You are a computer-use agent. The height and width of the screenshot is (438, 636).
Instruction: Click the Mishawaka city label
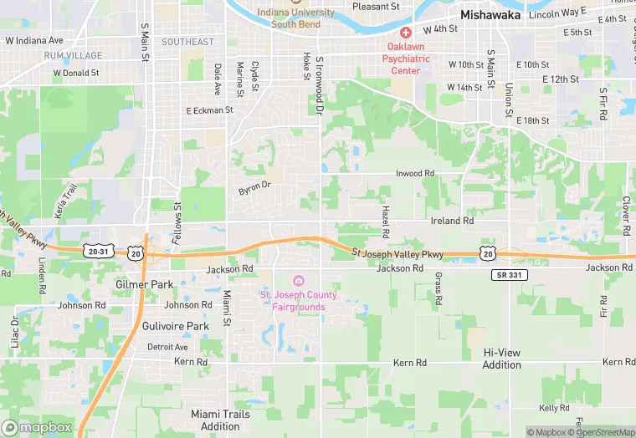click(x=490, y=15)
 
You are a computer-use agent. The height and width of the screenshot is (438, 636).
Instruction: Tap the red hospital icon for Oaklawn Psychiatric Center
click(x=406, y=33)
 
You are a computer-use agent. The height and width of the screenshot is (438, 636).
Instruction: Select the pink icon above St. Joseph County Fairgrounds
click(x=299, y=280)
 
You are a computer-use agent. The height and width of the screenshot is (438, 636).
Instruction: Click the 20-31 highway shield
click(x=98, y=251)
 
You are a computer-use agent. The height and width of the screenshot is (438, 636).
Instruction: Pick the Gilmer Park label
click(x=144, y=284)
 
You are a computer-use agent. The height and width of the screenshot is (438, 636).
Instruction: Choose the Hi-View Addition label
click(x=502, y=359)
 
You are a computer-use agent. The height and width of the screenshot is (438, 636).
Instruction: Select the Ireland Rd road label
click(x=452, y=221)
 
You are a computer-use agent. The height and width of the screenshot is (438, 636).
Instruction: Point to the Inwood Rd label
click(x=416, y=173)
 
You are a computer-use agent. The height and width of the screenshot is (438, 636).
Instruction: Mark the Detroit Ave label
click(x=167, y=347)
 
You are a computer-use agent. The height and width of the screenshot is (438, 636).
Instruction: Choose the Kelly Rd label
click(x=554, y=408)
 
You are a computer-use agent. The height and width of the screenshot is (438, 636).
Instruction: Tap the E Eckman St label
click(x=208, y=110)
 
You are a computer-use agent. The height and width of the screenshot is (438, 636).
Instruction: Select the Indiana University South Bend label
click(x=296, y=18)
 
